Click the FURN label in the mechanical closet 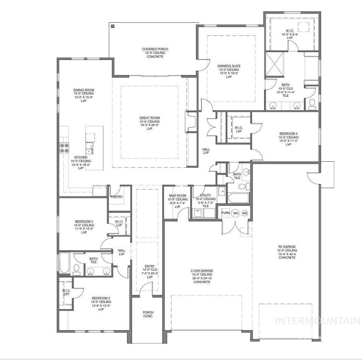point(226,213)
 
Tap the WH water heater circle point(235,213)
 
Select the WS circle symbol point(245,213)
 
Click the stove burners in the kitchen point(64,147)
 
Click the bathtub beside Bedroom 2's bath point(64,263)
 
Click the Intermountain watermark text point(318,321)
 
